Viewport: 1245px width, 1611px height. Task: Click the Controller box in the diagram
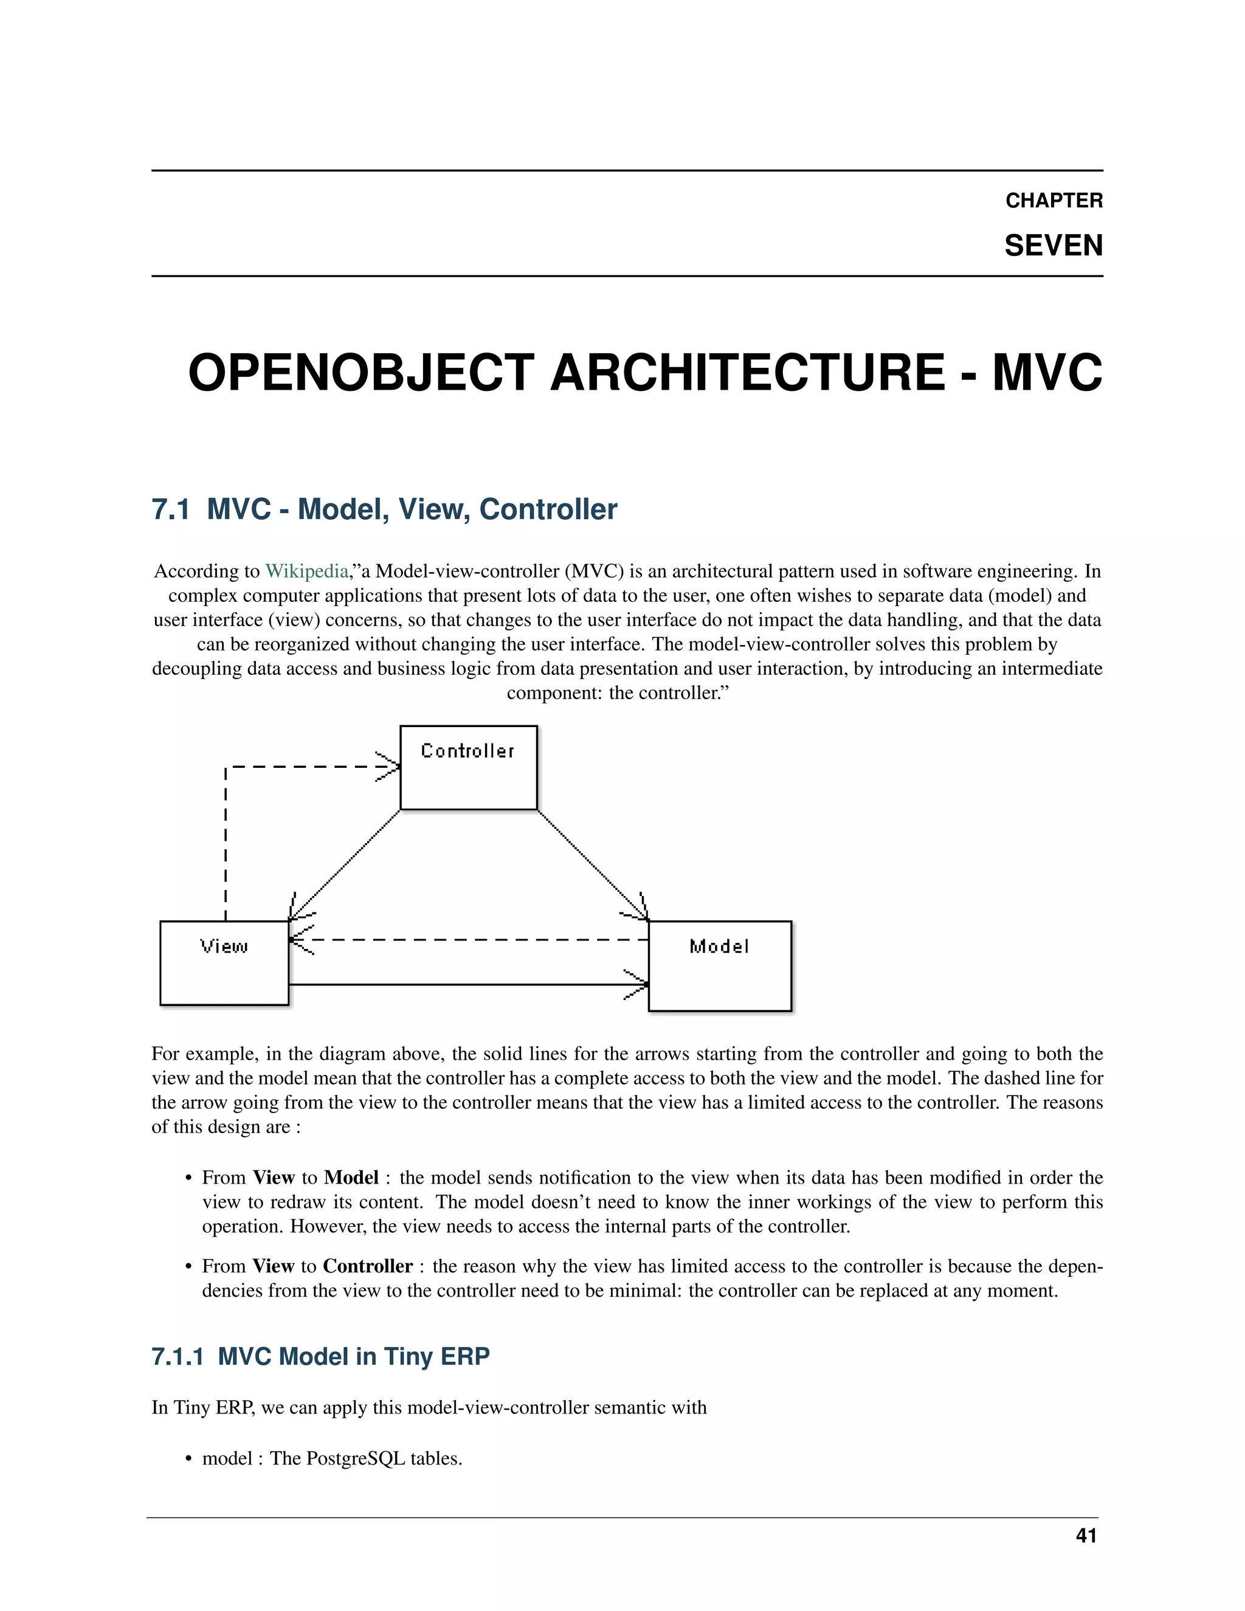coord(468,768)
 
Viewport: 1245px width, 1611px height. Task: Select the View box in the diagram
coord(224,962)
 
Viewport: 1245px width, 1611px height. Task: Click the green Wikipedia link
coord(306,571)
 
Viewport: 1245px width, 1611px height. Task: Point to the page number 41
coord(1086,1536)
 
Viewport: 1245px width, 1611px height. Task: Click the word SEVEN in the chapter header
coord(1054,246)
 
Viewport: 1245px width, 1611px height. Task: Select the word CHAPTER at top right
coord(1054,201)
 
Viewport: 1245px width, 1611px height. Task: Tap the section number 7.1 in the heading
coord(170,509)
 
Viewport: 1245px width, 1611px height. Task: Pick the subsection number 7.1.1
coord(177,1356)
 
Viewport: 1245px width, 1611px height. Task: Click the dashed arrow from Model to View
coord(472,940)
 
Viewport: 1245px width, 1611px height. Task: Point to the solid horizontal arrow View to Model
coord(464,984)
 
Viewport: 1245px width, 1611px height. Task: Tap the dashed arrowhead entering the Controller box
coord(387,767)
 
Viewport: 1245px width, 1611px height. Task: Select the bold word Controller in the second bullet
coord(367,1266)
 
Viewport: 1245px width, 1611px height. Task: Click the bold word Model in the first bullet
coord(351,1178)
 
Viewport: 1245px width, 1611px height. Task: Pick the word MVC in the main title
coord(1047,373)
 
